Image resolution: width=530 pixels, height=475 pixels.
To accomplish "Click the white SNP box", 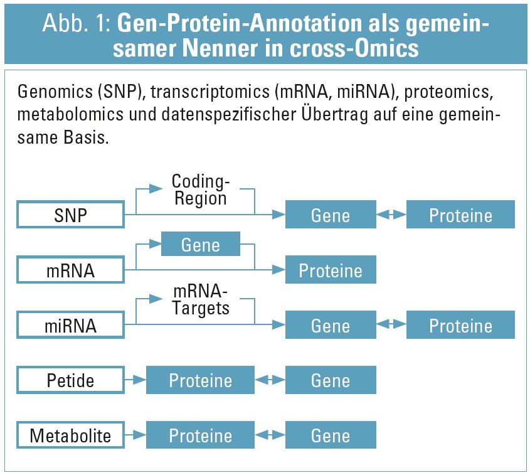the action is (70, 215).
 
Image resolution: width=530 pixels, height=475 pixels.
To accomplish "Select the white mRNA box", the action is (70, 270).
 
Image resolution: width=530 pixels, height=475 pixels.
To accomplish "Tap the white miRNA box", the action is (70, 325).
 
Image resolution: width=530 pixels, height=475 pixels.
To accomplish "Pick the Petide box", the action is (70, 380).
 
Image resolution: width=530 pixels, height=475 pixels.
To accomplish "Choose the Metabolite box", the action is (70, 435).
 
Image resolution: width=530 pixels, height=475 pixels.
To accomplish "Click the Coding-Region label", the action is (201, 189).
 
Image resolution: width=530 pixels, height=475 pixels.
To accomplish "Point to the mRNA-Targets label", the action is (201, 300).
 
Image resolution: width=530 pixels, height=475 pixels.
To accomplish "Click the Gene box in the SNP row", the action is (331, 215).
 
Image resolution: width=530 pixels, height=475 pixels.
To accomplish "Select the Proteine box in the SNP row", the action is (460, 215).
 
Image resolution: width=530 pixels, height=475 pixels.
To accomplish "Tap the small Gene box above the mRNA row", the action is (201, 243).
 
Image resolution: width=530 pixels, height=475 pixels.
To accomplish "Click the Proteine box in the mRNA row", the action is (331, 269).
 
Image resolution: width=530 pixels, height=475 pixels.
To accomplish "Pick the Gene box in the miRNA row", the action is (331, 325).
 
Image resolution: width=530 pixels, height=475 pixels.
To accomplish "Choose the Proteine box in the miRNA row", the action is (460, 325).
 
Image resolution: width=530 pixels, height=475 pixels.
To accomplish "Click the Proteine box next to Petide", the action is (200, 380).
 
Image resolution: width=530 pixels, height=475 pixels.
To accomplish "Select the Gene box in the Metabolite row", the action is (331, 435).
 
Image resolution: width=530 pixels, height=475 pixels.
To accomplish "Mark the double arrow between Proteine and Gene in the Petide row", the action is (270, 380).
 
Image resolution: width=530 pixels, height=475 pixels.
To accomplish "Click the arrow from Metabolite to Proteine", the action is (135, 435).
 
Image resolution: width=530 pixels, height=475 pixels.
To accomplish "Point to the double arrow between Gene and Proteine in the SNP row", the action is (391, 215).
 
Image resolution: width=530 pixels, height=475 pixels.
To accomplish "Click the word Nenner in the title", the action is (220, 48).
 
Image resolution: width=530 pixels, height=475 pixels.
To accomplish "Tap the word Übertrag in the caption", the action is (335, 114).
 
